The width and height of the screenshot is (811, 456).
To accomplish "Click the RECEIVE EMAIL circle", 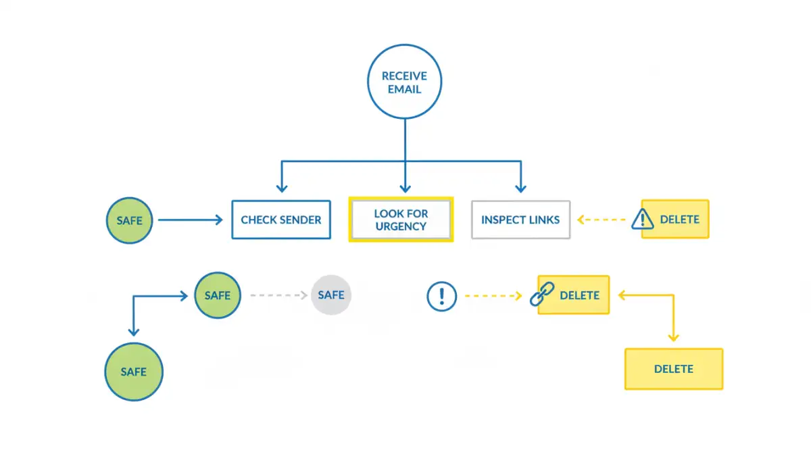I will click(404, 82).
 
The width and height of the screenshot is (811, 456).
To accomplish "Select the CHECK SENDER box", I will click(281, 220).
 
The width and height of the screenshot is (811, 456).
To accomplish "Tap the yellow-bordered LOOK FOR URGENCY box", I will click(401, 220).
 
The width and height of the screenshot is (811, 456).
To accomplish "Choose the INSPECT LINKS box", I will click(520, 220).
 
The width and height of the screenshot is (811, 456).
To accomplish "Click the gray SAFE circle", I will click(331, 295).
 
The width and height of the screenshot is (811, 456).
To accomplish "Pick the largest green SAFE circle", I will click(134, 372).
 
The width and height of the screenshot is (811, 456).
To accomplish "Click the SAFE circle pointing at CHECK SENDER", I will click(129, 220).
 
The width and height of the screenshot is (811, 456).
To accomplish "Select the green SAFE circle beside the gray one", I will click(217, 295).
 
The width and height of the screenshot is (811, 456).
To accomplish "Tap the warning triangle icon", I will click(643, 219).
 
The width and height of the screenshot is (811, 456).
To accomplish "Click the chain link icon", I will click(542, 295).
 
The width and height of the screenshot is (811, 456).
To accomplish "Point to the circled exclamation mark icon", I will click(442, 296).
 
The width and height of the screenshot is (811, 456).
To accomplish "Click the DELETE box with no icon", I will click(674, 369).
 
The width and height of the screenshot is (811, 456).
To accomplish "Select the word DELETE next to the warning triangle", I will click(679, 220).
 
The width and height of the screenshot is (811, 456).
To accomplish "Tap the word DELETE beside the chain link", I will click(580, 295).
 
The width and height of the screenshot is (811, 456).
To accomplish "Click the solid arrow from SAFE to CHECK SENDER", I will click(190, 220).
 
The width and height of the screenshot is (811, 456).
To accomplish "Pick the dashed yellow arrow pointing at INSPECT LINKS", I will click(603, 220).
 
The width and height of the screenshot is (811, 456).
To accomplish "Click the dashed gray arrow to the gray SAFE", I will click(278, 295).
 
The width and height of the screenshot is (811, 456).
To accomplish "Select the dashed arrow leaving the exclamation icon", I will click(493, 296).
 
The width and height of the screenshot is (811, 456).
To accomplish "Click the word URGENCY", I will click(401, 226).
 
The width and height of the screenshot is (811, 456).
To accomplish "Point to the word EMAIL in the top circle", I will click(404, 89).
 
